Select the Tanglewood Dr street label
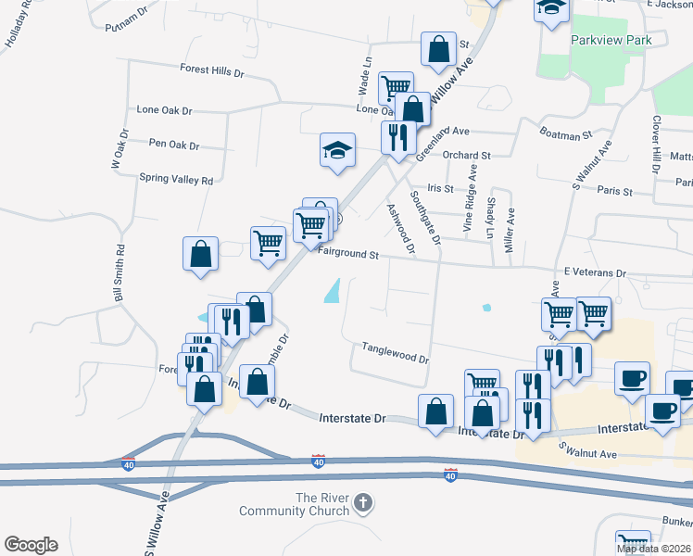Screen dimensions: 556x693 click(x=396, y=352)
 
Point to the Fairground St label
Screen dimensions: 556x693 click(x=349, y=254)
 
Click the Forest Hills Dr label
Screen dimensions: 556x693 click(x=211, y=70)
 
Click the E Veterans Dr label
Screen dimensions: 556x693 click(x=595, y=274)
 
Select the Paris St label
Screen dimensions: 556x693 click(x=614, y=192)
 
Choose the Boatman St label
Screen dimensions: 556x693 click(x=566, y=135)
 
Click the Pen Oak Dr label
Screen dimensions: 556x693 click(x=174, y=145)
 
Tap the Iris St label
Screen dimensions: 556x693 click(x=440, y=188)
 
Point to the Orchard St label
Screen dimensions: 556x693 click(x=466, y=156)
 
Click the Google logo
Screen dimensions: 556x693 click(x=31, y=545)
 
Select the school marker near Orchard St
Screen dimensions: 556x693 click(x=337, y=150)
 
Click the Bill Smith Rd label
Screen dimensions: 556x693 click(x=119, y=273)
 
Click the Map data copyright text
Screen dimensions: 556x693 click(x=654, y=549)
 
